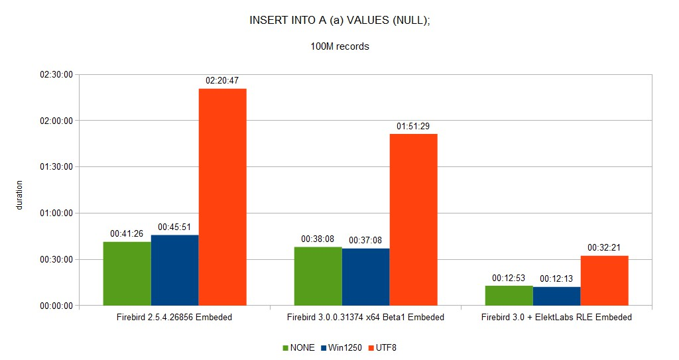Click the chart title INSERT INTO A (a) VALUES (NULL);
[x=340, y=21]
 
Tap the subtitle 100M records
[x=340, y=46]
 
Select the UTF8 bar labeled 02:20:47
[x=223, y=197]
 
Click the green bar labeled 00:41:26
[x=127, y=274]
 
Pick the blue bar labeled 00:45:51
[x=175, y=270]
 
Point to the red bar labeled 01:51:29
[x=414, y=219]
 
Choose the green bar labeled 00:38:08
[x=318, y=276]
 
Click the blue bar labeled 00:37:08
[x=366, y=277]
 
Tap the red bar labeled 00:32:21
[x=605, y=280]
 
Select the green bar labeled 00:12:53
[x=509, y=296]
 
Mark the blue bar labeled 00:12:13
[x=557, y=296]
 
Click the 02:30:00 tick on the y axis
[x=56, y=74]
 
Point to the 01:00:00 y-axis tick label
[x=56, y=213]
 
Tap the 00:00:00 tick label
[x=56, y=306]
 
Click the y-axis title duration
[x=19, y=196]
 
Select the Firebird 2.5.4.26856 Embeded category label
[x=174, y=317]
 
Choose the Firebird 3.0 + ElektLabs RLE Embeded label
[x=556, y=317]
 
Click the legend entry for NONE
[x=299, y=347]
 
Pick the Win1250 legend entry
[x=341, y=347]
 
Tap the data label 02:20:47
[x=222, y=81]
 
